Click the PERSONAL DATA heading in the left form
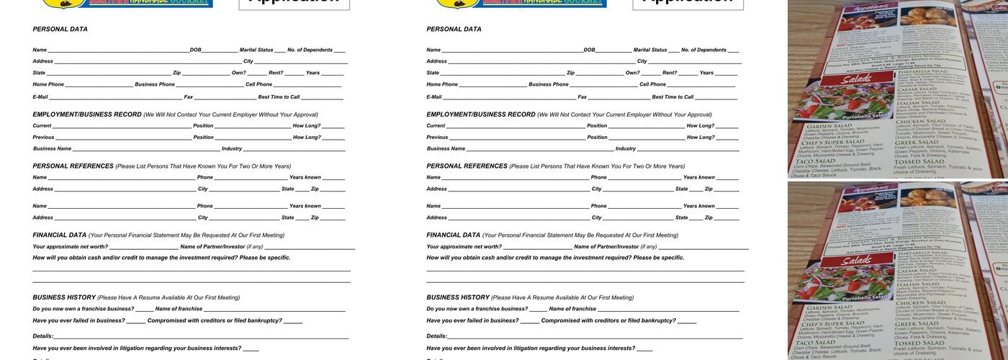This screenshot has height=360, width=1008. tap(60, 30)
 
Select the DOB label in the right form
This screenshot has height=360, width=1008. tap(590, 50)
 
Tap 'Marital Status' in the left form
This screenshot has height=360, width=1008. tap(256, 50)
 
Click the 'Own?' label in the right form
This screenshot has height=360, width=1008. tap(632, 73)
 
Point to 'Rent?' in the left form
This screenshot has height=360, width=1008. tap(276, 73)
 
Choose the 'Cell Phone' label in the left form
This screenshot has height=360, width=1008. tap(258, 84)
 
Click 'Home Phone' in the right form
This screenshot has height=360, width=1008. tap(442, 84)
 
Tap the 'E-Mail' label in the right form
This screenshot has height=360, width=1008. tap(434, 96)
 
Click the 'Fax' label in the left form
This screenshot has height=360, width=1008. tap(188, 96)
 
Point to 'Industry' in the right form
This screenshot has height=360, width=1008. tap(625, 148)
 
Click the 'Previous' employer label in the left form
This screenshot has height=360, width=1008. tap(43, 137)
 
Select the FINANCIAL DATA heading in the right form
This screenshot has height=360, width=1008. tap(453, 235)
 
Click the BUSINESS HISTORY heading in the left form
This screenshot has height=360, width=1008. tap(64, 297)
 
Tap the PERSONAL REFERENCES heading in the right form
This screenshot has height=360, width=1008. tap(467, 166)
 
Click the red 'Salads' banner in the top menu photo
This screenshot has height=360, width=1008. tap(857, 80)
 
